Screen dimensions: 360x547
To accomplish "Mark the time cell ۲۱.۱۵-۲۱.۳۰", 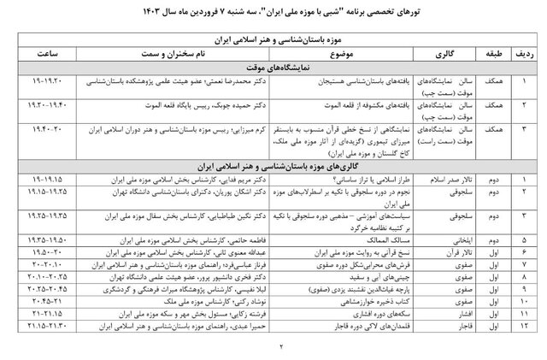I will point(51,325).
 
